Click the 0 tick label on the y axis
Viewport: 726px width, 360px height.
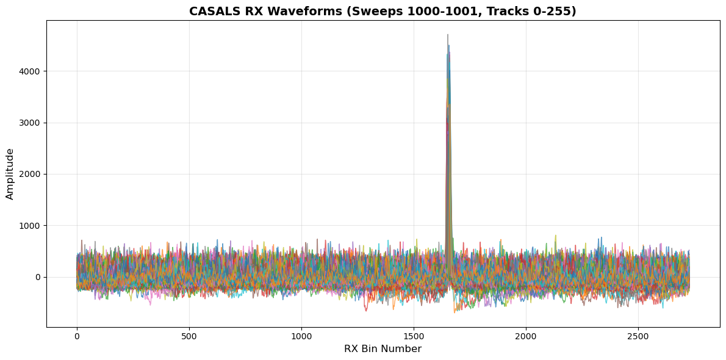coord(37,277)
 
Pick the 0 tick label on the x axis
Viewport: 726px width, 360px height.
coord(77,336)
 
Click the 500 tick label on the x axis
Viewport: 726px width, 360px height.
coord(189,336)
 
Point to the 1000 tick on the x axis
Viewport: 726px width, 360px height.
coord(301,336)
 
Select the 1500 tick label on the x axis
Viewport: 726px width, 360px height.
coord(414,336)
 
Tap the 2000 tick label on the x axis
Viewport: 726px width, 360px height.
coord(526,336)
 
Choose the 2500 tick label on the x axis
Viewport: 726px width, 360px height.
coord(638,336)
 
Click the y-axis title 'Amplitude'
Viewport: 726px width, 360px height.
coord(10,174)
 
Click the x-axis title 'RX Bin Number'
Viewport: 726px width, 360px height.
coord(383,349)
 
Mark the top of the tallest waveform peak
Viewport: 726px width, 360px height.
coord(447,35)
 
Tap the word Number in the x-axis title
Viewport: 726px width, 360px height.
coord(402,349)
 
